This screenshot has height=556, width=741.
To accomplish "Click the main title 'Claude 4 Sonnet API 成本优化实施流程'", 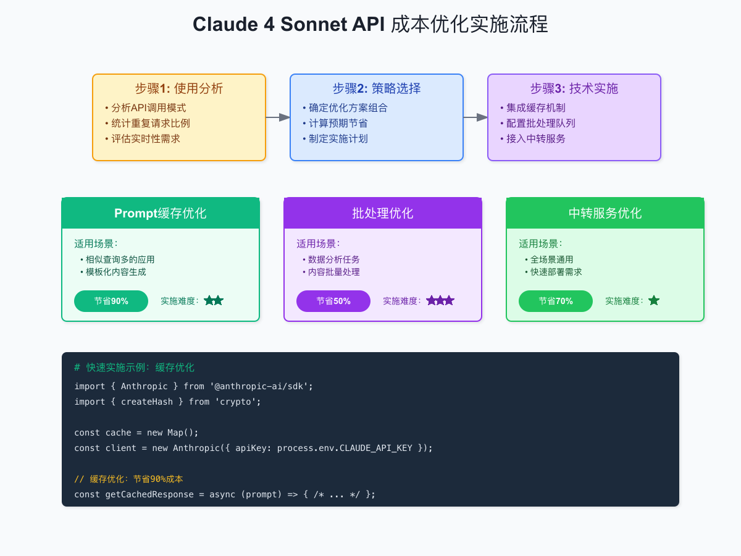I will click(x=371, y=25).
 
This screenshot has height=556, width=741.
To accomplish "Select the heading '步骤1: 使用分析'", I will click(x=179, y=88).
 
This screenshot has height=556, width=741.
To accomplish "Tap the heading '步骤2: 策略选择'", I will click(x=377, y=88).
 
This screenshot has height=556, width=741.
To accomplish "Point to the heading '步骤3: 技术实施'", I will click(x=574, y=88).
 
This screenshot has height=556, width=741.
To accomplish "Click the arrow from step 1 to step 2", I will click(x=278, y=117).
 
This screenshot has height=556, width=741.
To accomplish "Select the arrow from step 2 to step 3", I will click(x=475, y=117).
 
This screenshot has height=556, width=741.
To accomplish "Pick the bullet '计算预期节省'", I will click(x=338, y=123).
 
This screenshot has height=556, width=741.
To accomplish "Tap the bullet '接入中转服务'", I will click(x=535, y=138).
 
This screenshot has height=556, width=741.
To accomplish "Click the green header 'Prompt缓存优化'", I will click(x=161, y=213).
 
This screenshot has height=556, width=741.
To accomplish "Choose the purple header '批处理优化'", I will click(x=383, y=213).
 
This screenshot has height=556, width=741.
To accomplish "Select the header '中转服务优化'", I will click(x=605, y=213).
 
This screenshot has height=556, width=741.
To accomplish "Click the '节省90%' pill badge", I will click(x=111, y=301).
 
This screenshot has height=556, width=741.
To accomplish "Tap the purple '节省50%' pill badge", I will click(x=333, y=301).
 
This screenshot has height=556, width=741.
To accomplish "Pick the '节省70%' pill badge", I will click(x=556, y=301).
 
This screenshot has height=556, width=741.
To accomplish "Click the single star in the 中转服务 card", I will click(x=654, y=301).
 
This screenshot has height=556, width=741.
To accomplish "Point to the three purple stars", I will click(x=440, y=301).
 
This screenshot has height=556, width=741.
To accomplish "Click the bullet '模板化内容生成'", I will click(x=116, y=272).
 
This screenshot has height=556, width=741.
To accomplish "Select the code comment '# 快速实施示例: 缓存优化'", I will click(x=134, y=368).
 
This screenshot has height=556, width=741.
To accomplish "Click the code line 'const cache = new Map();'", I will click(x=136, y=432).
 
